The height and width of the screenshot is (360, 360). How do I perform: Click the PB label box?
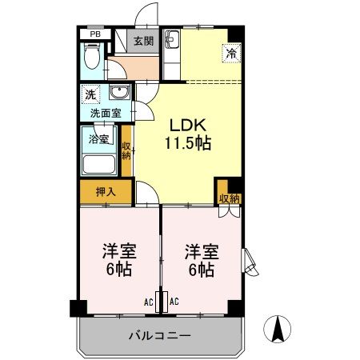94,34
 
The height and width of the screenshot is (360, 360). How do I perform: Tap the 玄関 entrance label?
144,42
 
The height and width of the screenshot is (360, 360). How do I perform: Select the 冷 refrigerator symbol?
229,54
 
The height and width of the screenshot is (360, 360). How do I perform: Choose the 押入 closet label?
105,192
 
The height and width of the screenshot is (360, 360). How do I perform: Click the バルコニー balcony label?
160,334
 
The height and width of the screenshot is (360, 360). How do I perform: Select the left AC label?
149,302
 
